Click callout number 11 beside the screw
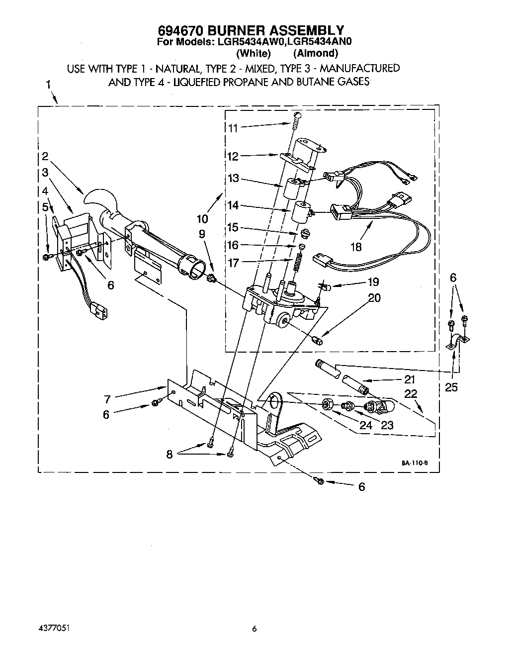click(233, 127)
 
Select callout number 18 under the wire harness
click(356, 246)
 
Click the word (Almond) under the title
click(316, 53)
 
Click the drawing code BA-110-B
click(415, 463)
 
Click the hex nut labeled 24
click(328, 404)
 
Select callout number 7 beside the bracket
click(107, 398)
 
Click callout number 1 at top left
click(48, 85)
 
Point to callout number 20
click(374, 297)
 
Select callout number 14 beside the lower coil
click(233, 205)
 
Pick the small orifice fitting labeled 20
click(319, 340)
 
